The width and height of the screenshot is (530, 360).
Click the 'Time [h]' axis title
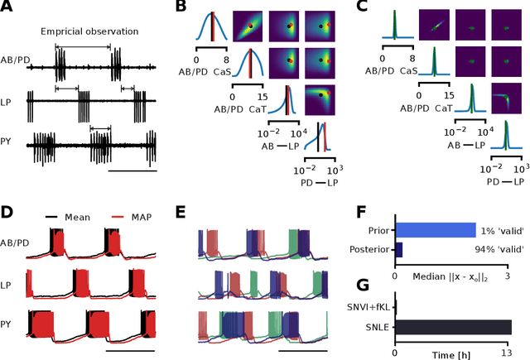[x=453, y=354]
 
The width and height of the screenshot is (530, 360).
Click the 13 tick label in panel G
[x=512, y=343]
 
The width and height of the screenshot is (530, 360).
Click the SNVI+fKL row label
[x=370, y=308]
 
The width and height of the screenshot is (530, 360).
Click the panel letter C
[x=362, y=9]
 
